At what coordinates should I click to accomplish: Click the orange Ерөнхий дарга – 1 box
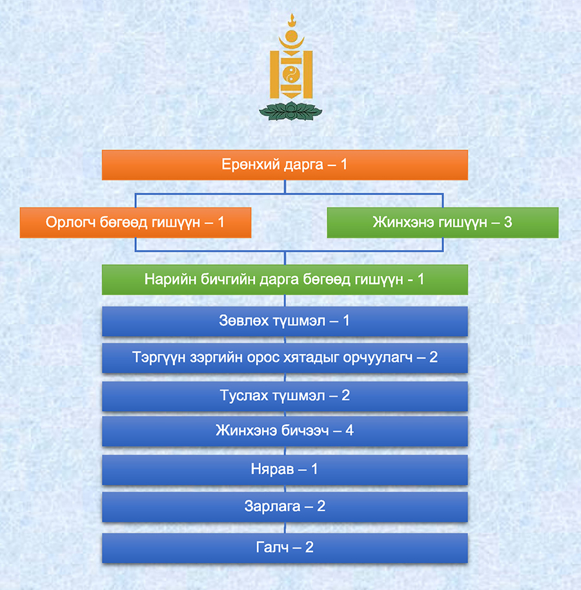pos(285,165)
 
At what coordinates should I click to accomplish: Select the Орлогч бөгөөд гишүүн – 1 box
pos(136,222)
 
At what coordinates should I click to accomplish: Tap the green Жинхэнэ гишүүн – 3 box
pos(443,222)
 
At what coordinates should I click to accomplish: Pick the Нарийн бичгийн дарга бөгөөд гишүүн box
pos(285,280)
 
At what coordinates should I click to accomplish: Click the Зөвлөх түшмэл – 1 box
pos(285,321)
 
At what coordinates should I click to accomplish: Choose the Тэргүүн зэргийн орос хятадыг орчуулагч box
pos(285,357)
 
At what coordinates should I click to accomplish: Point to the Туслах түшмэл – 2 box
pos(285,396)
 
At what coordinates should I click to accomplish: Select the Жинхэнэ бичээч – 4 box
pos(285,431)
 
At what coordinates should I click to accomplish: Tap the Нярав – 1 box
pos(285,470)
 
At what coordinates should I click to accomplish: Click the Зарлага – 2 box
pos(285,507)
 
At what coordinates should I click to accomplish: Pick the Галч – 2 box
pos(285,548)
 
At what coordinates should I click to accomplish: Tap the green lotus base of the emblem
pos(290,111)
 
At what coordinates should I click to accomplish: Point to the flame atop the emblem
pos(291,20)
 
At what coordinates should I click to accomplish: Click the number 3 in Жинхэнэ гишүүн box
pos(507,222)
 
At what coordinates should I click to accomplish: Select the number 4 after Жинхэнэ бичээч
pos(349,430)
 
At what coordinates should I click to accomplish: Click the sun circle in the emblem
pos(291,36)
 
